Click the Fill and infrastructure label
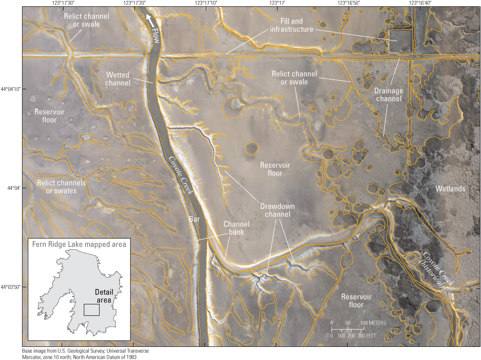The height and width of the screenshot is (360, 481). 291,25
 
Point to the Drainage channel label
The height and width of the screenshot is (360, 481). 388,95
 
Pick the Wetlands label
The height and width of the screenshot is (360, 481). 450,189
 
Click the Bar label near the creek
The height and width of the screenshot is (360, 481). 194,219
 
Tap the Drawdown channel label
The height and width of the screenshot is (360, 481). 275,210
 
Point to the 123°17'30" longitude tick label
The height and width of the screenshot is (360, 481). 63,3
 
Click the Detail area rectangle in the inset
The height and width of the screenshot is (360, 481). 91,309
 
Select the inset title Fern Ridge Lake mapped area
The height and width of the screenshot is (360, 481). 79,245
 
